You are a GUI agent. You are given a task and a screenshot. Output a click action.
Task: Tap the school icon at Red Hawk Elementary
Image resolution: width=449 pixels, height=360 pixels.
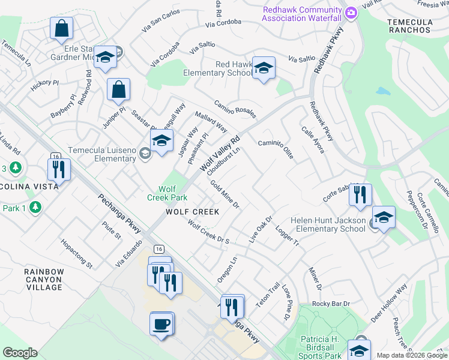(x=264, y=68)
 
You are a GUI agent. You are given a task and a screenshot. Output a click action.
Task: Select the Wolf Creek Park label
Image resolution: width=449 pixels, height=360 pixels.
(x=167, y=193)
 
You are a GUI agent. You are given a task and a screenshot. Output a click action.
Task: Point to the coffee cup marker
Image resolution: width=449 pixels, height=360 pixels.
(x=161, y=324)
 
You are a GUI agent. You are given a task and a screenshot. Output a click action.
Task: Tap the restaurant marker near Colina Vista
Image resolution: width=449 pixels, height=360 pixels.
(x=59, y=169)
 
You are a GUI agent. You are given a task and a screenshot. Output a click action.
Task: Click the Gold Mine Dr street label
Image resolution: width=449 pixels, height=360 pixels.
(x=225, y=194)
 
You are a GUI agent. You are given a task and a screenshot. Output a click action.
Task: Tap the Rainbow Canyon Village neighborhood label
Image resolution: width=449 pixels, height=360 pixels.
(x=44, y=280)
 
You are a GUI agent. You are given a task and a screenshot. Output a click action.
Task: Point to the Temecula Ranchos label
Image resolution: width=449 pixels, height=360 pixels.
(x=410, y=25)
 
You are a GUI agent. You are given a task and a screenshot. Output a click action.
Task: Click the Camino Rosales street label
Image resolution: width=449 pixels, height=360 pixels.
(x=235, y=109)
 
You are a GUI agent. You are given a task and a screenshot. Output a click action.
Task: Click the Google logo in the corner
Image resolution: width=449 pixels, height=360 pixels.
(x=20, y=353)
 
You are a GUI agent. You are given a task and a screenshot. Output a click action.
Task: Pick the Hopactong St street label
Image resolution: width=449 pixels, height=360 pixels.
(x=77, y=254)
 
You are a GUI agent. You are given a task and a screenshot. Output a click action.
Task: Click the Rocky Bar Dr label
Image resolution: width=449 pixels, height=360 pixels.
(x=331, y=304)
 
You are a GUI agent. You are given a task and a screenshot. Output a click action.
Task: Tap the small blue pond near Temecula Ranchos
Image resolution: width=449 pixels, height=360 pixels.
(x=382, y=92)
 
